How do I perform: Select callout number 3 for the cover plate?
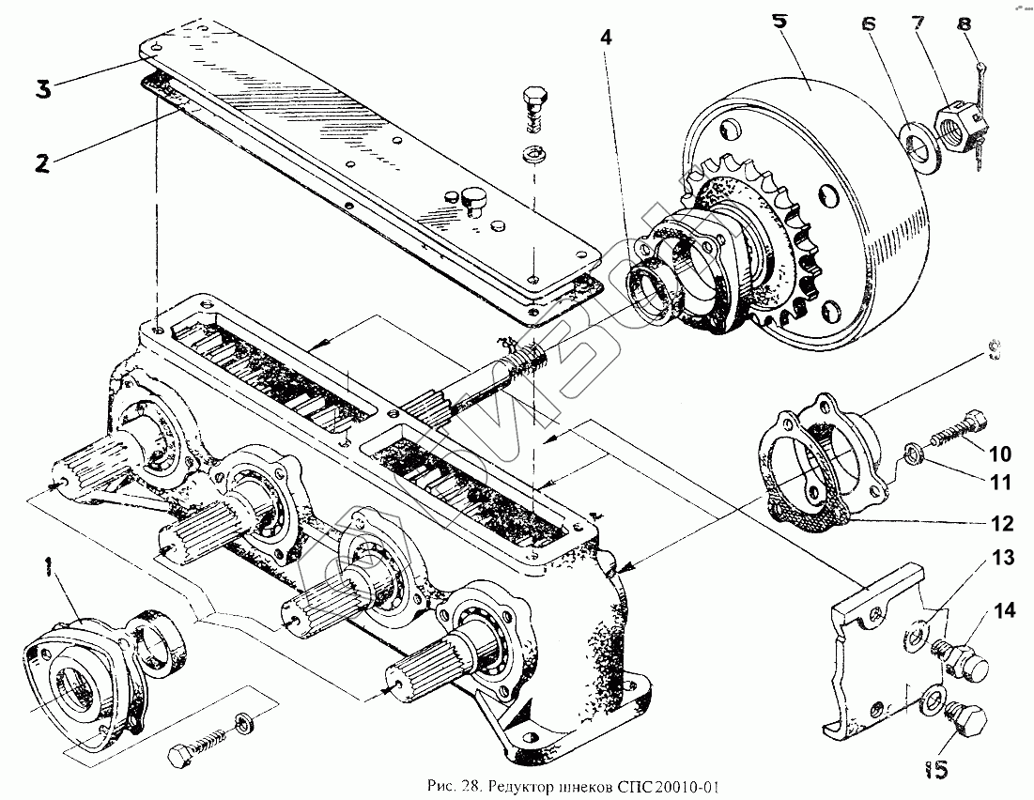pos(42,91)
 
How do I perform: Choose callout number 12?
pos(1000,522)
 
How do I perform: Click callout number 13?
pos(1003,559)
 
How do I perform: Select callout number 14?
pos(1005,612)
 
